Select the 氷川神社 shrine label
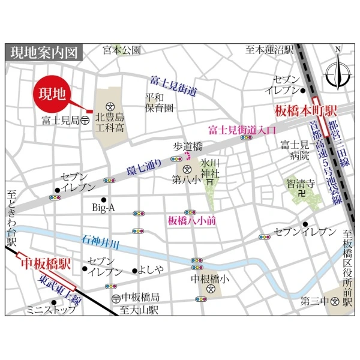pos(211,168)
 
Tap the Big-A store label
pos(103,208)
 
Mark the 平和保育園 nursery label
pos(159,103)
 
